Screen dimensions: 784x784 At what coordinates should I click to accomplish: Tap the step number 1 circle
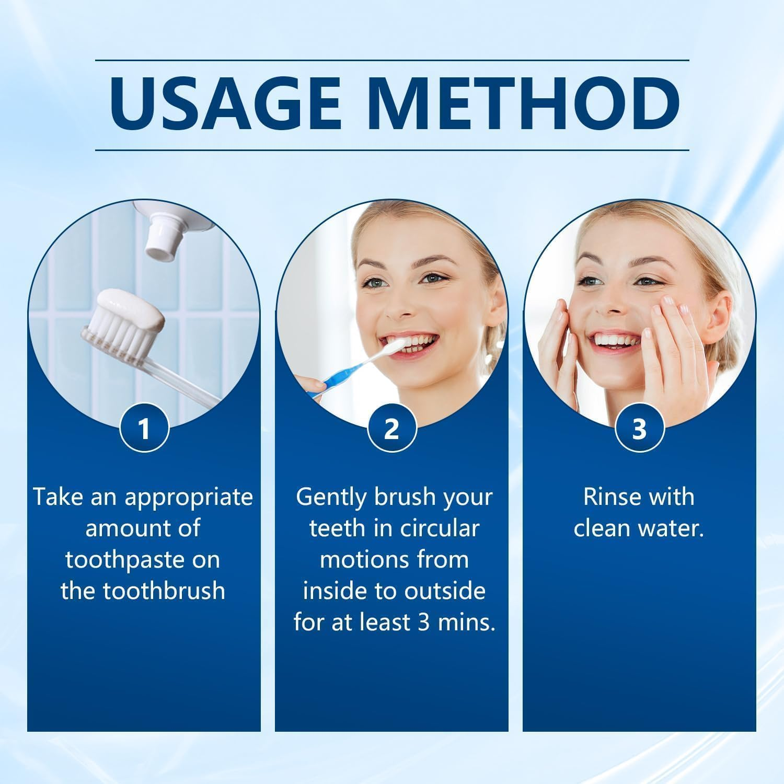point(144,429)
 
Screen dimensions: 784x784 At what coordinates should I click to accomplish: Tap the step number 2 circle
point(391,429)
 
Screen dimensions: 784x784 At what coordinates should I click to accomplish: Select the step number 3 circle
point(639,429)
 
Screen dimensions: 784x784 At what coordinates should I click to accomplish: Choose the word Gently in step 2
point(331,497)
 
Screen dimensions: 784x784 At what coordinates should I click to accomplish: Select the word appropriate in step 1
point(189,497)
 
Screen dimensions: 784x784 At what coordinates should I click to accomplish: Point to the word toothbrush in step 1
point(164,591)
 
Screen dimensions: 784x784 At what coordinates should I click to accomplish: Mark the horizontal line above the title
point(391,60)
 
